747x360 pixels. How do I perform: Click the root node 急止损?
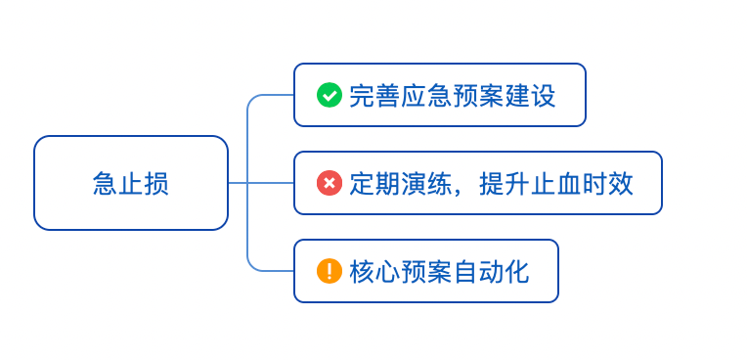click(x=131, y=183)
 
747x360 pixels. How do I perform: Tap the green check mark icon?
click(x=330, y=95)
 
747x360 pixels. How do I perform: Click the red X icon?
click(x=330, y=183)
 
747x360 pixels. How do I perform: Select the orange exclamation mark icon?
click(x=330, y=271)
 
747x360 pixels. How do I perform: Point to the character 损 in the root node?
click(x=156, y=184)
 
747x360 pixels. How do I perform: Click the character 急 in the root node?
click(x=106, y=184)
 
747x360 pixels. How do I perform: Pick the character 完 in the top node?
click(x=361, y=96)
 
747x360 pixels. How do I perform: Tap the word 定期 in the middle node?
click(x=373, y=184)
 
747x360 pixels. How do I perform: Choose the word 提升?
click(x=505, y=184)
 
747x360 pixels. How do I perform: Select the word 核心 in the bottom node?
click(x=373, y=272)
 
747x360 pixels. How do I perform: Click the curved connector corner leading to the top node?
click(x=251, y=100)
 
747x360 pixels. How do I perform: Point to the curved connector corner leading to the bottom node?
click(x=251, y=266)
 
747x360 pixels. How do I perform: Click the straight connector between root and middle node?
click(x=262, y=183)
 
